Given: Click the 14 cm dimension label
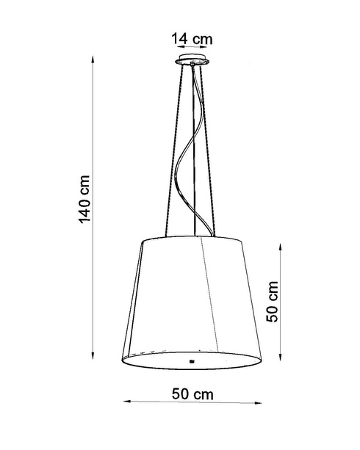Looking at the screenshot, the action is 192,39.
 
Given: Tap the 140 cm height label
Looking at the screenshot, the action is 84,199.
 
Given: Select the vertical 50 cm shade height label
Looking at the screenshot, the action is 272,301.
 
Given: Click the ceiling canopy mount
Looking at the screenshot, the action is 192,59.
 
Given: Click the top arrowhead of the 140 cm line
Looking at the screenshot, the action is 93,59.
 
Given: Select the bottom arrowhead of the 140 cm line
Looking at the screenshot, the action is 93,355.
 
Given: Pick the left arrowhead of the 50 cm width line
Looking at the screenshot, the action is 127,401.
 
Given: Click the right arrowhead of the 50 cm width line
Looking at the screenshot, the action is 258,403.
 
